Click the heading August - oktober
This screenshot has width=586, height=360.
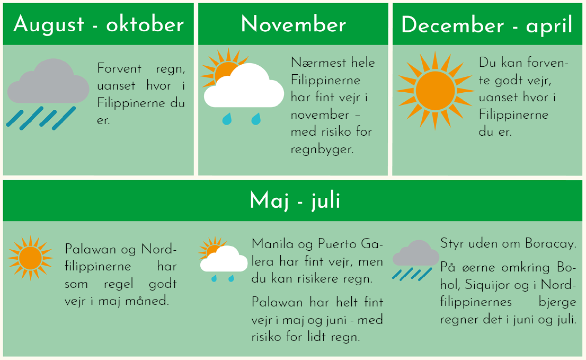99,25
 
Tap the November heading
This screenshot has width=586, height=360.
294,24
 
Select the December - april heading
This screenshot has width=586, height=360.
486,25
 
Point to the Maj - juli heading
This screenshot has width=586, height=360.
295,201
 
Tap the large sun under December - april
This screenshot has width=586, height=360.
435,91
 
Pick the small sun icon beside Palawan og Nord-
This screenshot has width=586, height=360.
30,258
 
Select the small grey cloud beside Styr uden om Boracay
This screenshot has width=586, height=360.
415,254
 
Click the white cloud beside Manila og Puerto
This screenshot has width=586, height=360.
224,259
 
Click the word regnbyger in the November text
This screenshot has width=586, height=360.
322,150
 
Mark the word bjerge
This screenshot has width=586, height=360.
557,302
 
